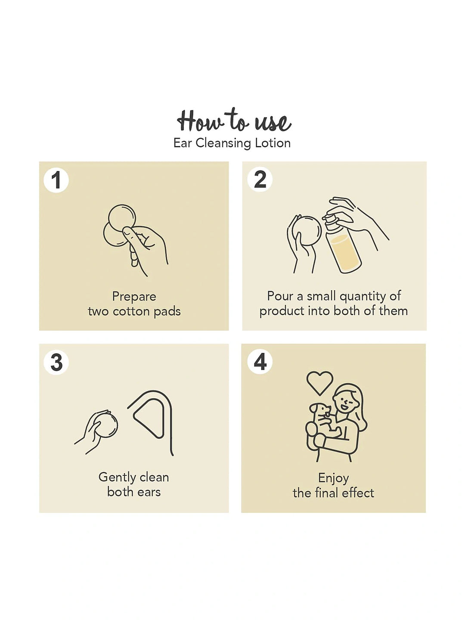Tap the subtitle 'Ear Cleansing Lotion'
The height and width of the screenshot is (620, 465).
(232, 143)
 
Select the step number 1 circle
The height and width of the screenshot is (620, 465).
(56, 180)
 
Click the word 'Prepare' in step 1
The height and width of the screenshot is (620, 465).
(134, 297)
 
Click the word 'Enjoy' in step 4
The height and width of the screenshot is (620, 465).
(333, 478)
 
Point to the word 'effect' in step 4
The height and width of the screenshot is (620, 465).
(358, 493)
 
